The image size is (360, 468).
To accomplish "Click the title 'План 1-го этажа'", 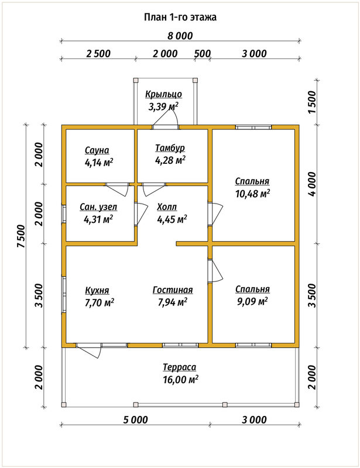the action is (180, 18).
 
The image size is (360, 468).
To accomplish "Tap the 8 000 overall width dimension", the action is (180, 36).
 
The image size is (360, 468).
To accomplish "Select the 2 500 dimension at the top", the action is (98, 54).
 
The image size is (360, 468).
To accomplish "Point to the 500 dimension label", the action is (203, 54).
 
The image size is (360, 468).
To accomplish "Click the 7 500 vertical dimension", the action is (22, 236).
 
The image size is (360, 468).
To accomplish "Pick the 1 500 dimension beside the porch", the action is (311, 102).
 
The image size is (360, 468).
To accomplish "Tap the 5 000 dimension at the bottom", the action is (135, 419).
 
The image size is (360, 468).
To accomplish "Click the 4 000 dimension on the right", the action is (311, 184).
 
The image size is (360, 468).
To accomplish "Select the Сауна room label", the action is (97, 150).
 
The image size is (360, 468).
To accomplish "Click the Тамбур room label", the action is (170, 148).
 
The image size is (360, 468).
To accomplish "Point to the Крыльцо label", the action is (163, 94).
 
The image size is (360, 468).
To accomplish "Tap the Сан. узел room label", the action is (98, 207).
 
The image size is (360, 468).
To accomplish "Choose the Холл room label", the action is (167, 207).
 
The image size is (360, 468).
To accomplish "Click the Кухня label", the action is (97, 290).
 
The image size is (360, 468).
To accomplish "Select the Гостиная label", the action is (173, 290).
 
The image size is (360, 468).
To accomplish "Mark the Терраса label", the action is (180, 367).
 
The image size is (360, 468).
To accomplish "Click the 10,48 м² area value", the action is (253, 194).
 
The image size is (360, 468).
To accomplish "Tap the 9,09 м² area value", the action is (252, 301).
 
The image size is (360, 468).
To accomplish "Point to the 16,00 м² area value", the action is (180, 379).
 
